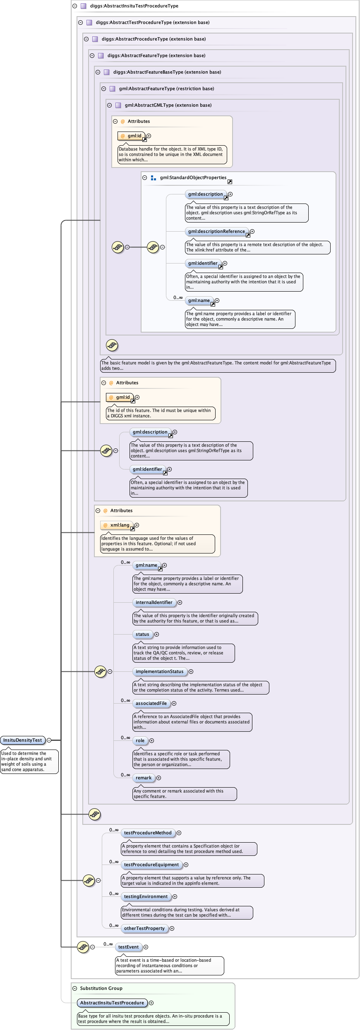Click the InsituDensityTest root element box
coord(23,740)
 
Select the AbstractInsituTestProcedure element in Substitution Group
coord(112,1003)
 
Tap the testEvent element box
coord(128,947)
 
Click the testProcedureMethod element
coord(148,833)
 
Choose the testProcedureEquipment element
coord(151,865)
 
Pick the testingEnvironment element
coord(146,896)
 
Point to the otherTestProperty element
coord(144,928)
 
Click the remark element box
coord(144,778)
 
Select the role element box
coord(140,740)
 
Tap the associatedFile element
coord(151,703)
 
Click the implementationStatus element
coord(159,671)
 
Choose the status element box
coord(142,634)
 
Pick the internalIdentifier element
coord(154,602)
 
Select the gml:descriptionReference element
coord(216,231)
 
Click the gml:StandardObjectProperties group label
coord(193,177)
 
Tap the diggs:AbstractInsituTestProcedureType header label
coord(134,6)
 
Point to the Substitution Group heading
coord(101,988)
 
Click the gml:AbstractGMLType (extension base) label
coord(168,105)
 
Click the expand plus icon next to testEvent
coord(146,947)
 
